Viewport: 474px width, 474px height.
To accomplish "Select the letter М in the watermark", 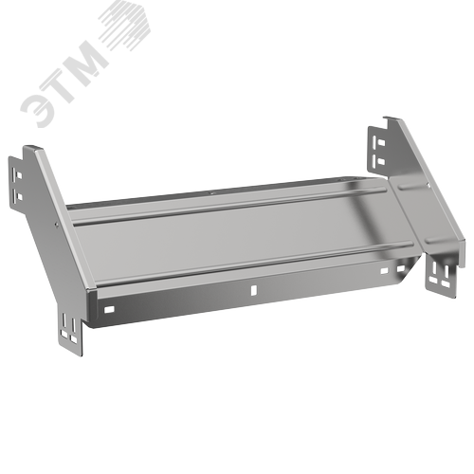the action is pyautogui.click(x=87, y=58).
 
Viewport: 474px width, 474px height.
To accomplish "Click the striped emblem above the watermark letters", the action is pyautogui.click(x=126, y=27).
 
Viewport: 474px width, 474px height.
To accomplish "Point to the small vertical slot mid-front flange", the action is pyautogui.click(x=253, y=290).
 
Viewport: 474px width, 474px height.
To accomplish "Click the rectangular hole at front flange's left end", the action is pyautogui.click(x=109, y=309).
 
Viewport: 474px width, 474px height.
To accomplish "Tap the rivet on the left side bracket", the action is pyautogui.click(x=56, y=225).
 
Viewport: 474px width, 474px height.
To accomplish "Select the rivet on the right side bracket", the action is pyautogui.click(x=428, y=185).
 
